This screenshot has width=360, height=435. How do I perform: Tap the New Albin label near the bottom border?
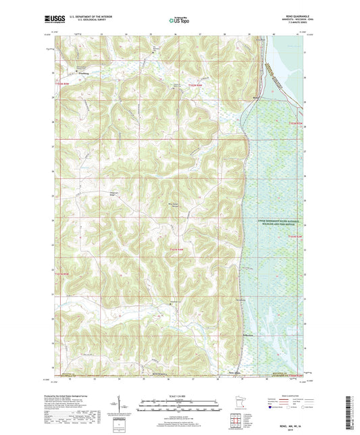tap(234, 371)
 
